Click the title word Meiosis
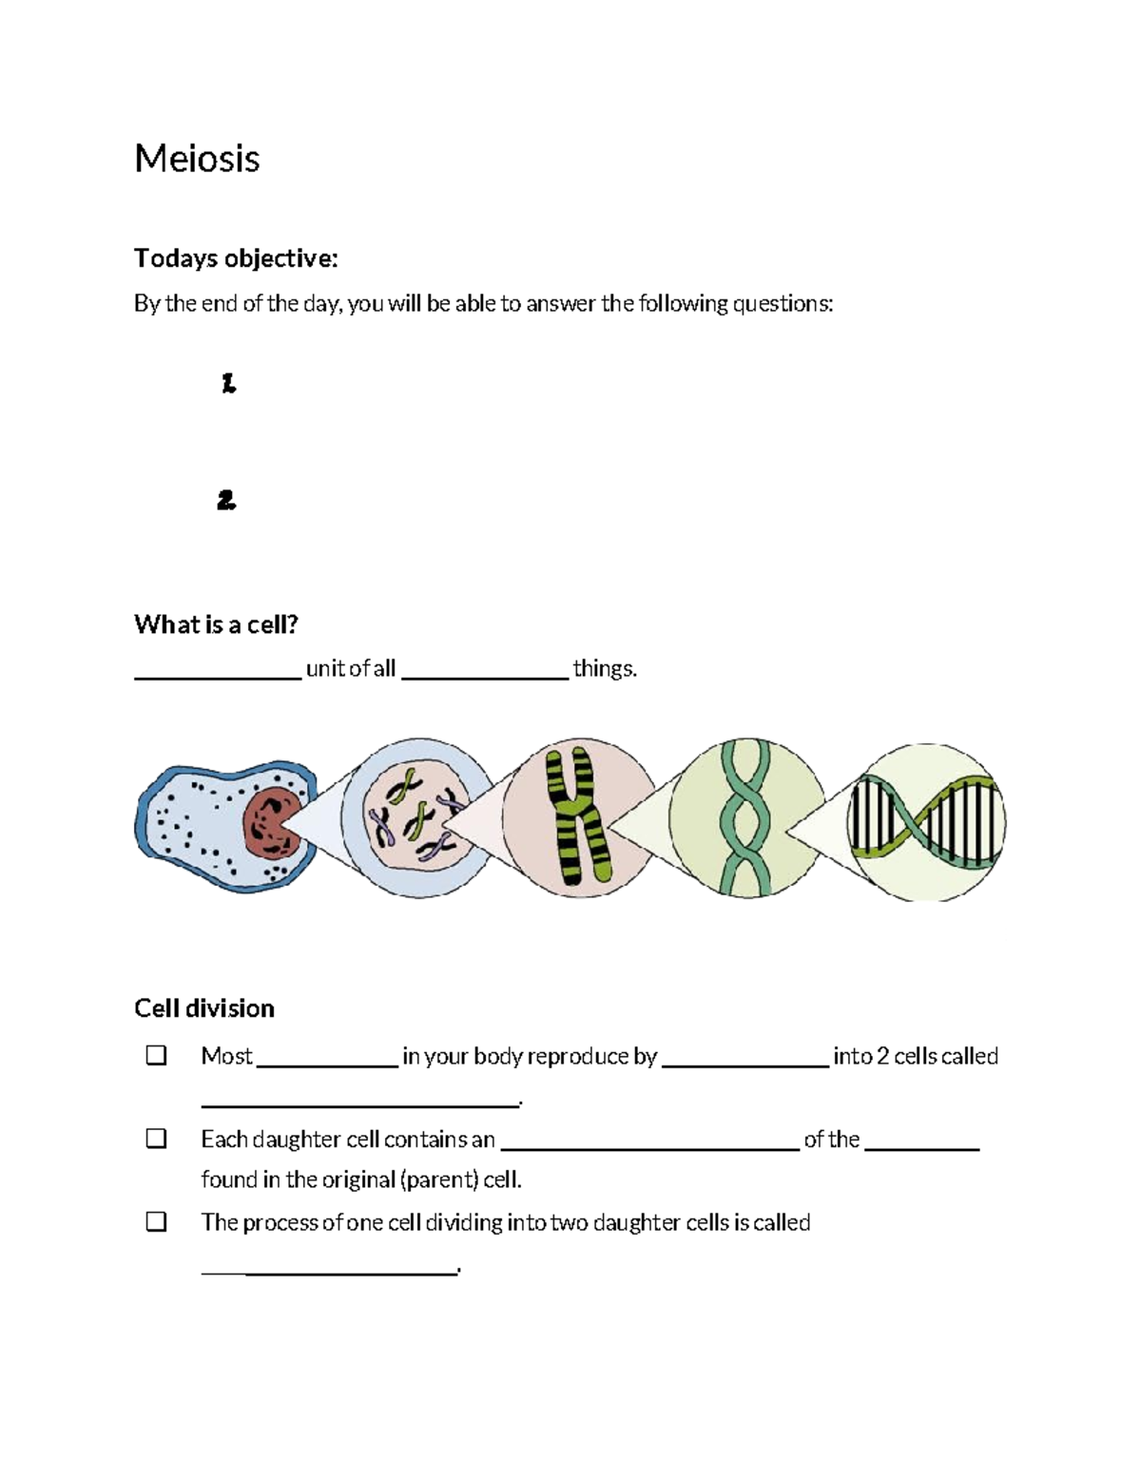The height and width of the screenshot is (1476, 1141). tap(197, 158)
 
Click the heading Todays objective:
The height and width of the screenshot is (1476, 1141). tap(236, 259)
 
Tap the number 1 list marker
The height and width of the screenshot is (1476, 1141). tap(228, 384)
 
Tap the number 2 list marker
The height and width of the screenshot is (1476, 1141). tap(226, 500)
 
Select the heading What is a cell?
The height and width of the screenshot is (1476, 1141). tap(216, 624)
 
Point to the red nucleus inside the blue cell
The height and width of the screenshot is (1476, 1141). tap(271, 823)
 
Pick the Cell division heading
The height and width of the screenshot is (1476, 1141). tap(204, 1008)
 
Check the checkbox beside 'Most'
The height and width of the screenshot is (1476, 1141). tap(156, 1056)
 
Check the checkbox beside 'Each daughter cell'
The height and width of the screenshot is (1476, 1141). tap(156, 1139)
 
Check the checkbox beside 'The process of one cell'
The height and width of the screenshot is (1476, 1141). tap(156, 1221)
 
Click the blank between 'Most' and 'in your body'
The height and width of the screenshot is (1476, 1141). tap(327, 1064)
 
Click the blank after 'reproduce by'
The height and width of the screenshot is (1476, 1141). tap(745, 1064)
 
